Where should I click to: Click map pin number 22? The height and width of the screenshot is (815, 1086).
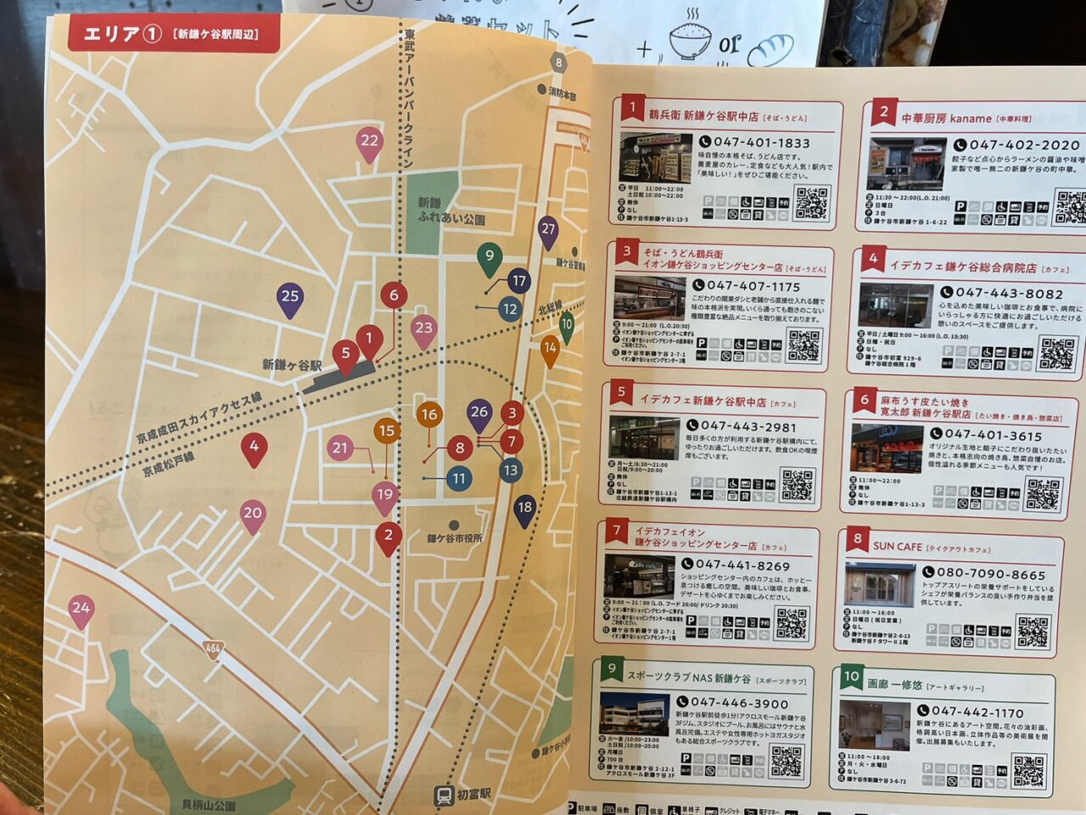click(369, 142)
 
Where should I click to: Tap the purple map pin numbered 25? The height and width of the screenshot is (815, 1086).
click(290, 296)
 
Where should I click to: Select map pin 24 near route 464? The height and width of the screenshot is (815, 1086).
click(81, 609)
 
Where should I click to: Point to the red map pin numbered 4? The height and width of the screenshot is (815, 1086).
click(254, 447)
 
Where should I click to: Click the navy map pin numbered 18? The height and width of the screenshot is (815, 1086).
click(525, 509)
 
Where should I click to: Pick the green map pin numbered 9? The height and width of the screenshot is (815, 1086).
click(489, 256)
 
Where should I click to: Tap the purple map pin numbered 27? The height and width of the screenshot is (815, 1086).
click(548, 229)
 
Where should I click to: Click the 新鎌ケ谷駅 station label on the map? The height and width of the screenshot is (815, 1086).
click(291, 365)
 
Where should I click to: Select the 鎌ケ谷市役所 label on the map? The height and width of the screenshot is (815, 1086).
click(455, 538)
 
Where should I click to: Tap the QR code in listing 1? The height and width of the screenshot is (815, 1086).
click(811, 202)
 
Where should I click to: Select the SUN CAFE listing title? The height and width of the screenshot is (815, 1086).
click(897, 547)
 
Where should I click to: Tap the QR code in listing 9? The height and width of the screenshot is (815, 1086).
click(786, 762)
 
